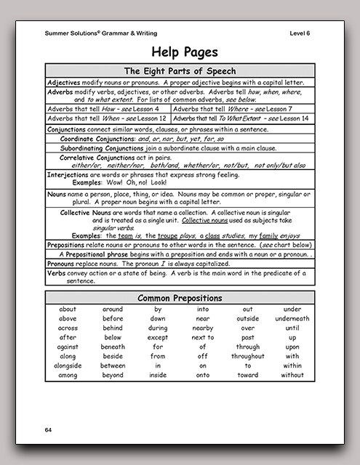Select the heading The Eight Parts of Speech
tap(180, 70)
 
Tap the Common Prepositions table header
tap(180, 298)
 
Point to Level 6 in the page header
tap(301, 33)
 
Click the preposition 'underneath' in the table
tap(292, 318)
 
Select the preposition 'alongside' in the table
tap(68, 365)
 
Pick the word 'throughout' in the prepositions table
tap(248, 356)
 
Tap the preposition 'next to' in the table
tap(203, 337)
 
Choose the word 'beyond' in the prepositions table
tap(113, 375)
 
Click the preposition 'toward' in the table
tap(248, 375)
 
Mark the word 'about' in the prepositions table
tap(68, 309)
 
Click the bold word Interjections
tap(68, 175)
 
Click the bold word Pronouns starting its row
tap(64, 264)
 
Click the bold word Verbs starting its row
tap(57, 273)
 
